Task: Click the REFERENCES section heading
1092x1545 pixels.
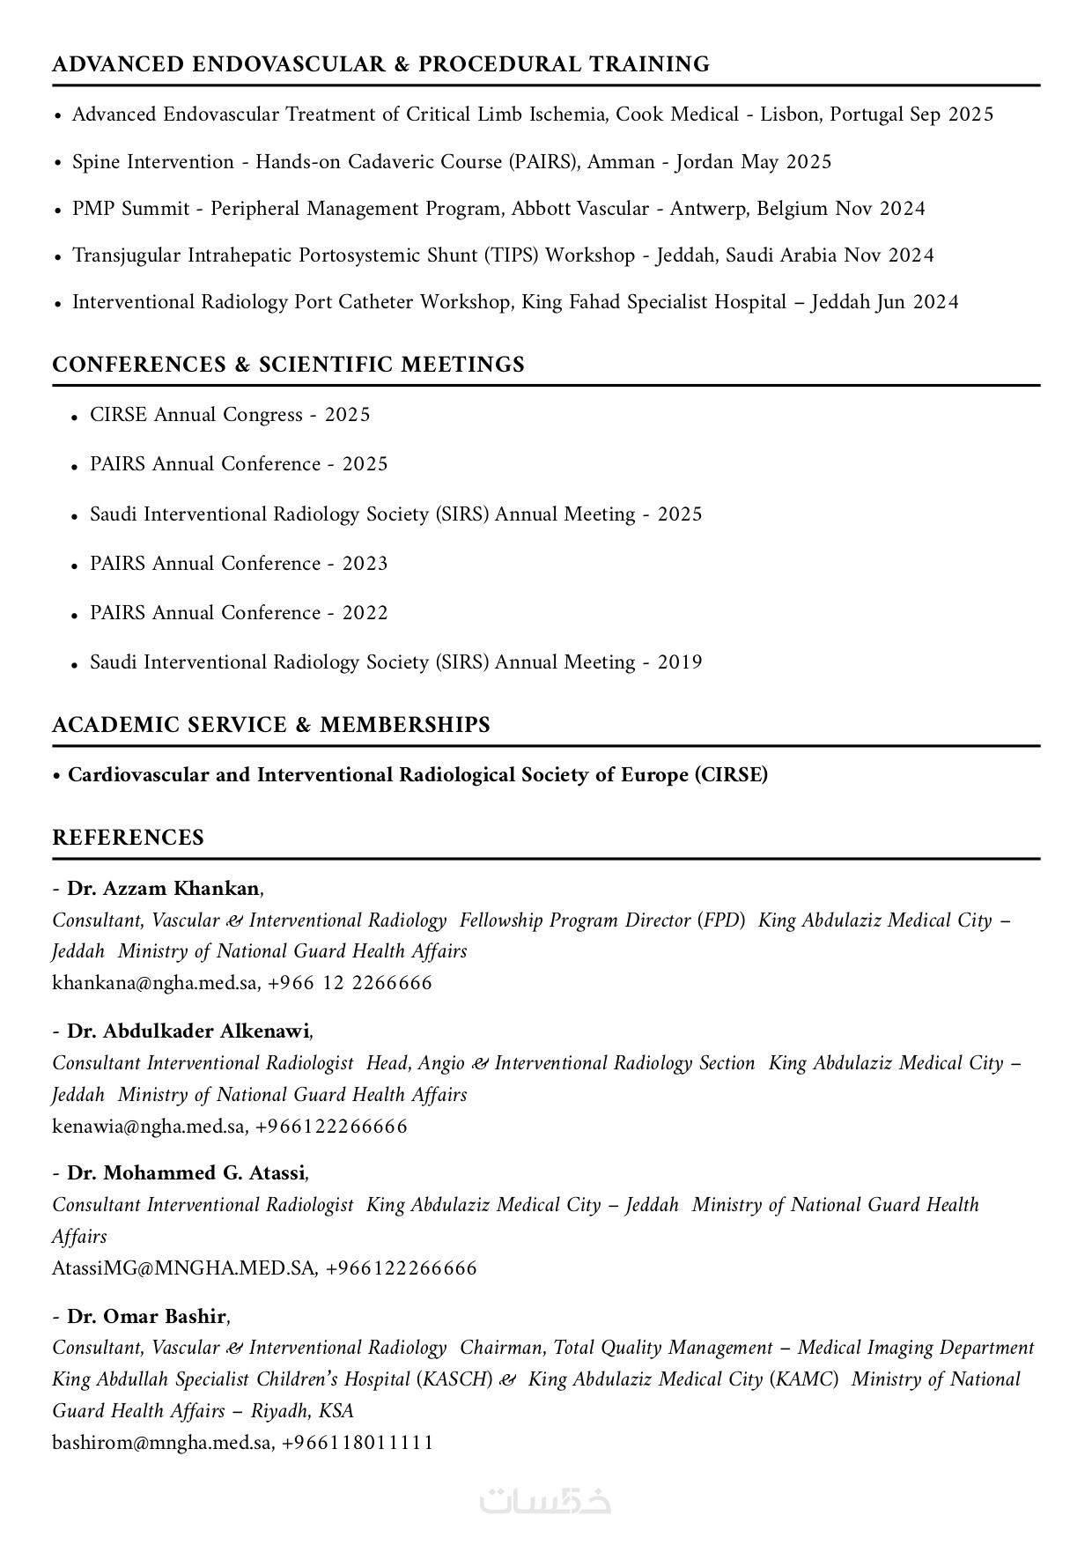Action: (128, 838)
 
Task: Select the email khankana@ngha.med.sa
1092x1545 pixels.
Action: (155, 983)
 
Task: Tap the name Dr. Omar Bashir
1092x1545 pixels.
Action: (147, 1317)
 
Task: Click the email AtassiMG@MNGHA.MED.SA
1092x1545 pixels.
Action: (183, 1268)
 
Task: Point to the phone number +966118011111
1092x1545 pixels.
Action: (358, 1443)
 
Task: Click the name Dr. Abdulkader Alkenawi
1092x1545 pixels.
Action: (188, 1031)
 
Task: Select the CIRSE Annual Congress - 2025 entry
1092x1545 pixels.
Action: (230, 415)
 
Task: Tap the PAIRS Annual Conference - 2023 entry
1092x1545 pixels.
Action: (239, 564)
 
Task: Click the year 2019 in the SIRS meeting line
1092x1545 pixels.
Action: (680, 662)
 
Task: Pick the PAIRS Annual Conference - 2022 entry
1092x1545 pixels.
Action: (239, 613)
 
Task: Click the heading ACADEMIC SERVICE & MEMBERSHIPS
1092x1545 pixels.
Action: (270, 725)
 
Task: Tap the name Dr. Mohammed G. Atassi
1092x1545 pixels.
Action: (186, 1173)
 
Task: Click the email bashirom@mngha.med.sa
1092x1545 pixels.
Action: (162, 1443)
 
